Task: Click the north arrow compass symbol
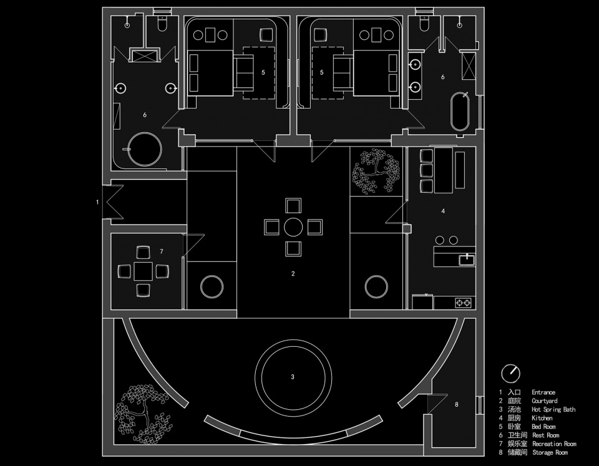510,373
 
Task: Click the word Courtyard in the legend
544,401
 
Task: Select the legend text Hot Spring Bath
553,409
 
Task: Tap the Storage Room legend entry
550,453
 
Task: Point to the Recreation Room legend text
554,444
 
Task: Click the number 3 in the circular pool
293,377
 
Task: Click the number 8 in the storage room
457,404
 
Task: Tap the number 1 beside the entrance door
97,201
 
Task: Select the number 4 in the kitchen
443,211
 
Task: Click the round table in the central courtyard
293,227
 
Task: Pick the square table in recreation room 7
144,271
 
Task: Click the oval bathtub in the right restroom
460,111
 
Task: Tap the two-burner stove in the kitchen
464,303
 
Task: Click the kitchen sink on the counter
467,260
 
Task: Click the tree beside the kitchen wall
377,171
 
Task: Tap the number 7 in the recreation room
162,251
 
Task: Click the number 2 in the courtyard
293,273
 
